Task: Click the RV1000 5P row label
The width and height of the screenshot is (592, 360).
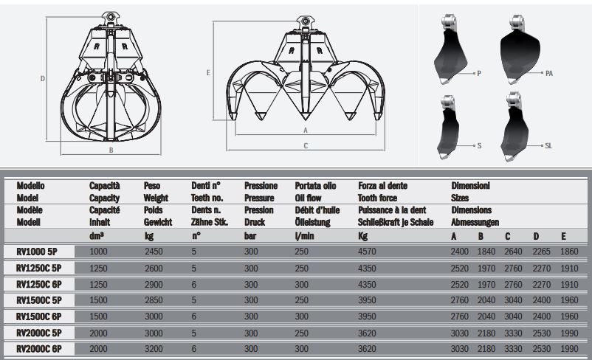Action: (37, 252)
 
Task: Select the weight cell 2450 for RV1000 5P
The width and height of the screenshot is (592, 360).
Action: (154, 252)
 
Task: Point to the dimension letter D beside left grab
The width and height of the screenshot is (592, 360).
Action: (43, 78)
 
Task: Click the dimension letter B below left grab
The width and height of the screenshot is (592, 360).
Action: (111, 150)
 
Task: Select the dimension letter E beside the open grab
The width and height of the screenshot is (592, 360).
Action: (209, 73)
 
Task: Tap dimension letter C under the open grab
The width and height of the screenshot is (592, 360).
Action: (306, 146)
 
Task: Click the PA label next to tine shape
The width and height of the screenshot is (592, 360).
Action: (549, 73)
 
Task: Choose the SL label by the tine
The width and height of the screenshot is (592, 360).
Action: (548, 146)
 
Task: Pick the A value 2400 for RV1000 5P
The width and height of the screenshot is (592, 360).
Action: (459, 252)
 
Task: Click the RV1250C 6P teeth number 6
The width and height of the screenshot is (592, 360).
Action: (193, 283)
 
